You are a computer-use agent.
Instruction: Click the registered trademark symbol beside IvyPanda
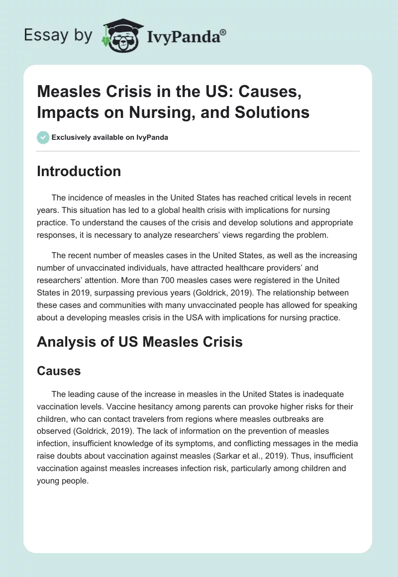[223, 32]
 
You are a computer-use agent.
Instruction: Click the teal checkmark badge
[43, 137]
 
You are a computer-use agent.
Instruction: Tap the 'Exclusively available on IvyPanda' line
[110, 138]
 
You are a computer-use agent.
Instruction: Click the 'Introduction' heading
[79, 171]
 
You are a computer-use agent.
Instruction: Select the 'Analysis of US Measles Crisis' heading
[140, 342]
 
